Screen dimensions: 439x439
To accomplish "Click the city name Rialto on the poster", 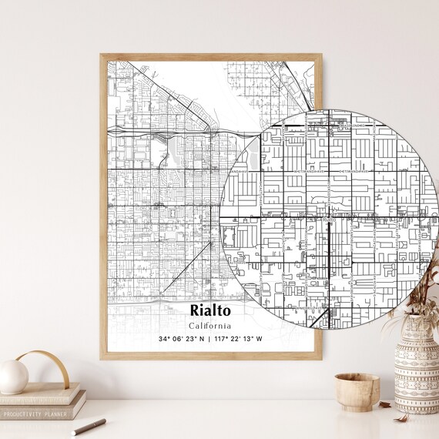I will coord(209,310).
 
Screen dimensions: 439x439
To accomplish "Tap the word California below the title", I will coord(209,325).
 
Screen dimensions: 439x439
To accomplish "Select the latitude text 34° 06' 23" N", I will coord(181,339).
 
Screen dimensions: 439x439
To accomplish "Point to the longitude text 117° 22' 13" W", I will coord(239,339).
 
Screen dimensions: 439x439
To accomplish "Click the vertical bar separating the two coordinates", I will coord(209,339).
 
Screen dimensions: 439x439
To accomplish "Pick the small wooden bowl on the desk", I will coord(357,390).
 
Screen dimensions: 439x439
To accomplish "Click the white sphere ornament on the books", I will coord(13,377).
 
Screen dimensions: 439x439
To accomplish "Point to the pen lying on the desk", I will coord(89,426).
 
